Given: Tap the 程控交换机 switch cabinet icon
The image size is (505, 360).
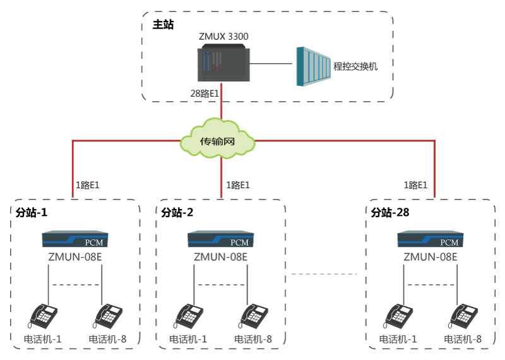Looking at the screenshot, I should click(314, 66).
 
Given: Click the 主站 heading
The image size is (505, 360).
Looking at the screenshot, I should click(162, 25).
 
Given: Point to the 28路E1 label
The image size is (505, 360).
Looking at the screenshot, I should click(205, 93).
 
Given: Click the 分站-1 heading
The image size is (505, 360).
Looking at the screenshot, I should click(32, 213).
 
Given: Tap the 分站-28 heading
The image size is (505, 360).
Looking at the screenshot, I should click(390, 213).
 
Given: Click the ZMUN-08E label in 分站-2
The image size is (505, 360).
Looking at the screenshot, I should click(220, 257).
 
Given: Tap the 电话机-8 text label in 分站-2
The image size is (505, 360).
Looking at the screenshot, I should click(252, 339).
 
